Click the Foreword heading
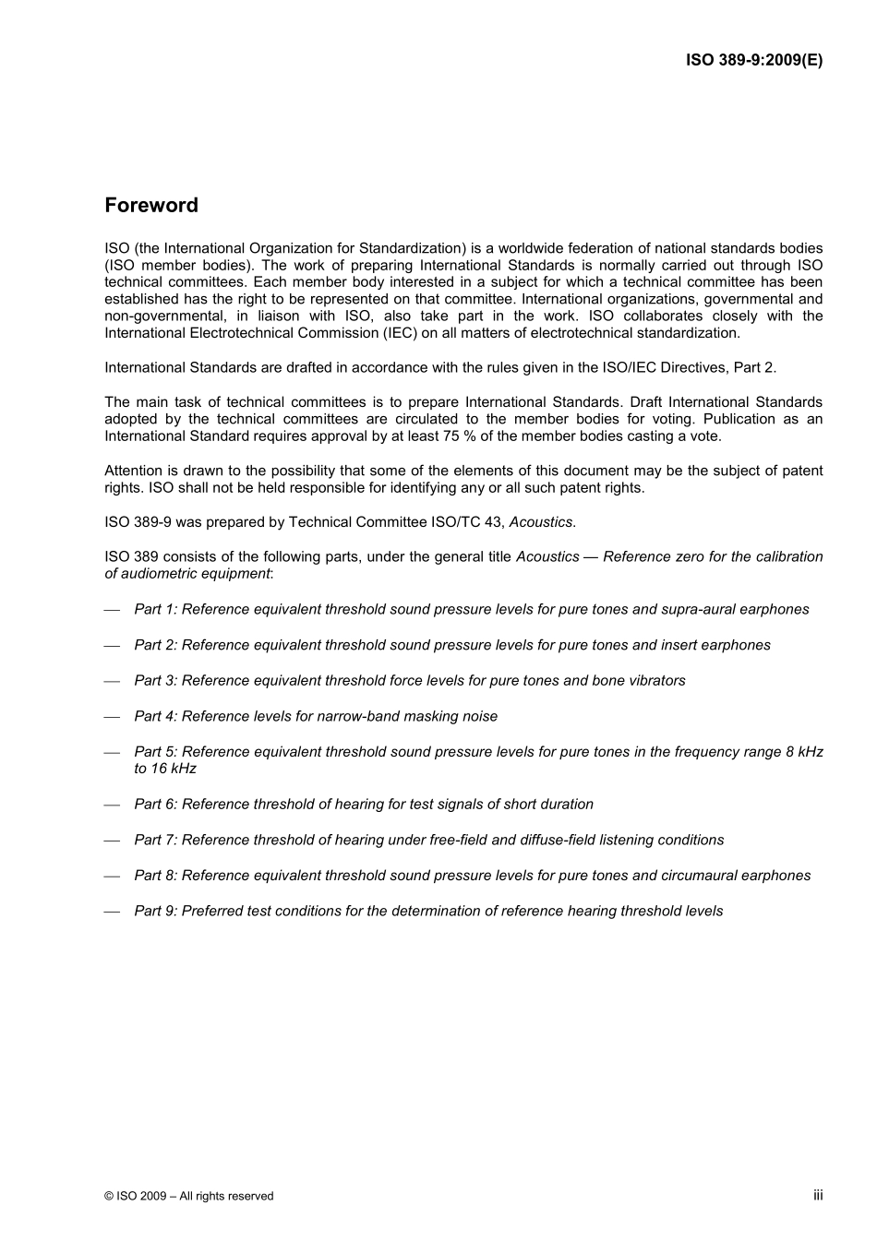click(151, 205)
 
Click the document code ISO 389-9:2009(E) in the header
click(753, 61)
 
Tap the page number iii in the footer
click(817, 1195)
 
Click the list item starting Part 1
click(471, 610)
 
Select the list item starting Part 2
click(451, 645)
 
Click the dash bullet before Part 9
click(112, 912)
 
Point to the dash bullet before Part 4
click(112, 717)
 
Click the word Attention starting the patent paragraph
click(134, 471)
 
